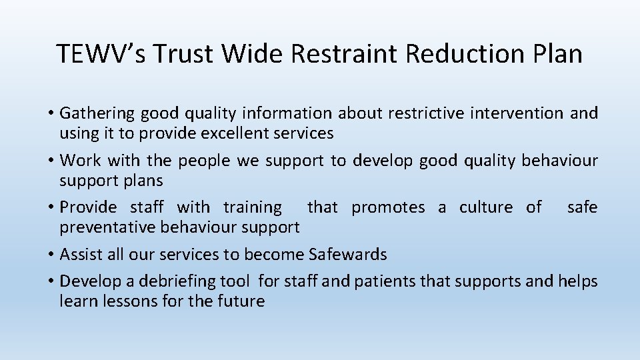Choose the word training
(253, 207)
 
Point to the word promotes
(388, 207)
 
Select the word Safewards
(347, 254)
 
